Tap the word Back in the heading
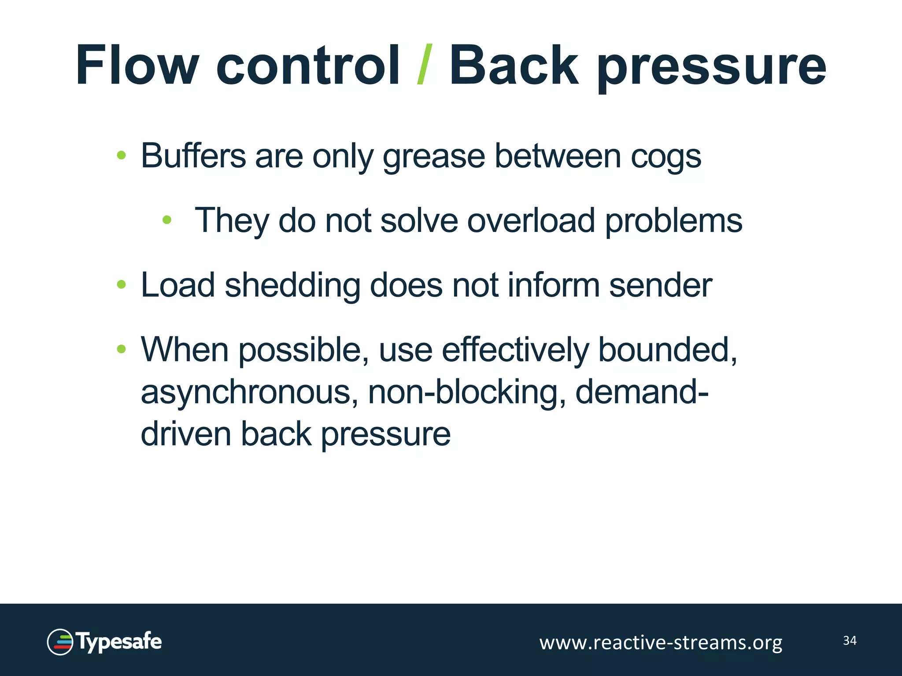click(513, 65)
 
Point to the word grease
click(434, 157)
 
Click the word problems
click(674, 221)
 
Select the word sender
click(660, 286)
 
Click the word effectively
click(515, 350)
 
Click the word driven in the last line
click(185, 434)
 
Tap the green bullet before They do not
click(166, 220)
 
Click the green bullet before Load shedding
click(122, 285)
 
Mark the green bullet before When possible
click(122, 349)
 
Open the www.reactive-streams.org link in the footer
click(661, 643)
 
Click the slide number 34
click(850, 640)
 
